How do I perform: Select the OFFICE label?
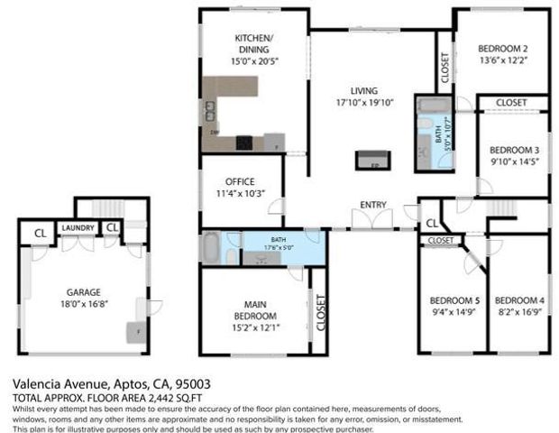pos(240,180)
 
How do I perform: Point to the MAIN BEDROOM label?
pos(254,309)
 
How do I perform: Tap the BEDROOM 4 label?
pos(519,299)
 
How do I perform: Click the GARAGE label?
pos(83,291)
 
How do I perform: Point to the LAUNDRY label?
pos(78,228)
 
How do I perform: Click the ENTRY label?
pos(373,205)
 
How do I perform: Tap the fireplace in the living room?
pos(374,160)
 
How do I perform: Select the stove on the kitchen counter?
pos(244,143)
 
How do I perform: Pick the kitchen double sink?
pos(210,110)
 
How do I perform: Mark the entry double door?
pos(372,219)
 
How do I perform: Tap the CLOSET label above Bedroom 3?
pos(511,103)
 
